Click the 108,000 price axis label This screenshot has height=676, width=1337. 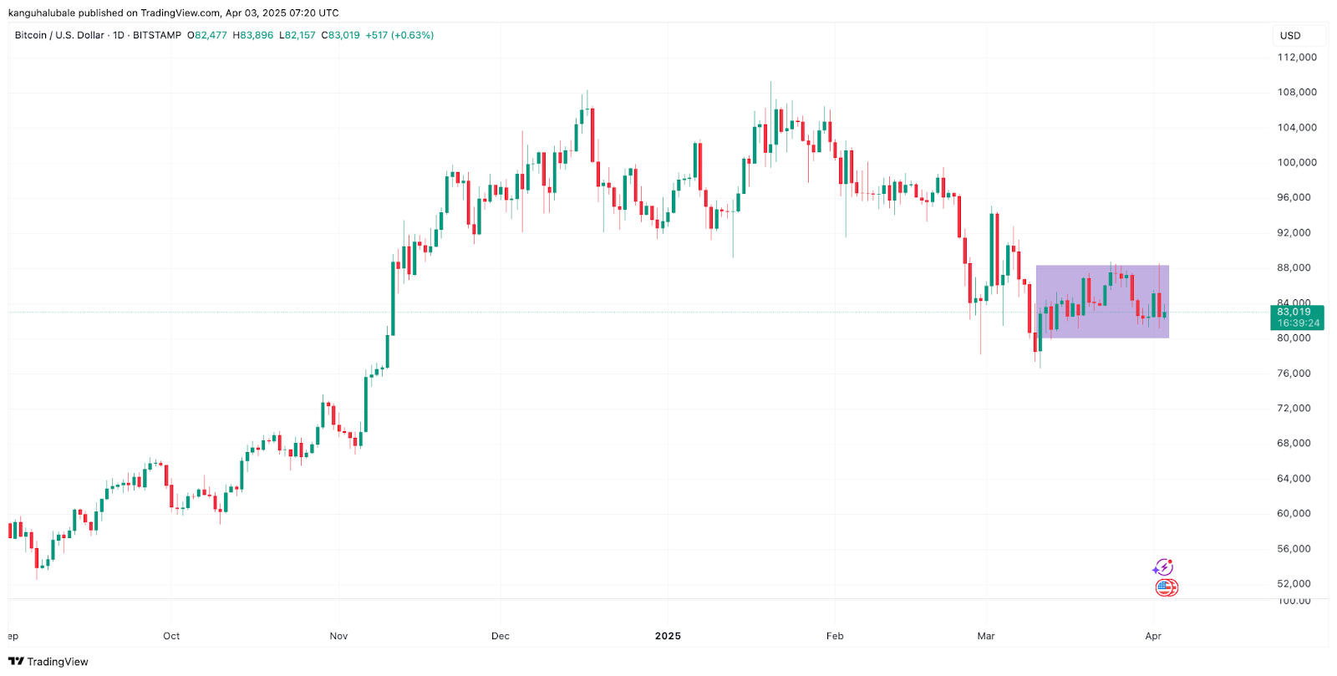(1296, 93)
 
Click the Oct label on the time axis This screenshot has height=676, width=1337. (171, 636)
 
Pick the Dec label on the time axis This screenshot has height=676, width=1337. (500, 636)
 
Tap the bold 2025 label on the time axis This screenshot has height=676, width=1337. (668, 636)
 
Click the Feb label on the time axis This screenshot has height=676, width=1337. (835, 636)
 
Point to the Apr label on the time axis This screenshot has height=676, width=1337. (1153, 636)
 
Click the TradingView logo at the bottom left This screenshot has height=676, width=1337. (48, 662)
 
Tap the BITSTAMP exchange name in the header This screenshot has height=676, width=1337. (157, 35)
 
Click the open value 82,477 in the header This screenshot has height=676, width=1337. (210, 35)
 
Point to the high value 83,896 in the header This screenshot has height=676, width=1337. (256, 35)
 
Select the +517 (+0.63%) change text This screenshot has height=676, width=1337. (399, 35)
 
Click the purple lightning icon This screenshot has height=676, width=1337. (1162, 568)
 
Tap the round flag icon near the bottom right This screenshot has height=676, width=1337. (1167, 588)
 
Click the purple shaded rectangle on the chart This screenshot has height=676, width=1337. (1101, 301)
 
